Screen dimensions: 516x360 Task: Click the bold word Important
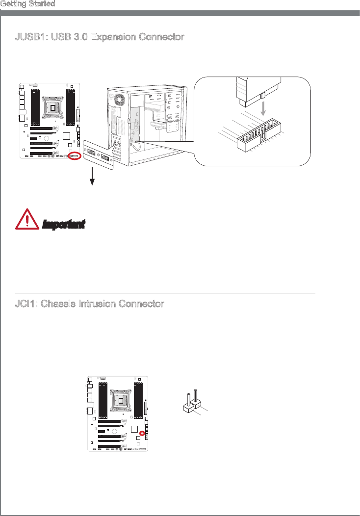point(64,224)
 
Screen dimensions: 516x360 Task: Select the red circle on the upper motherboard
point(75,156)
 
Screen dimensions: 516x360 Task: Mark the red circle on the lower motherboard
point(142,433)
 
